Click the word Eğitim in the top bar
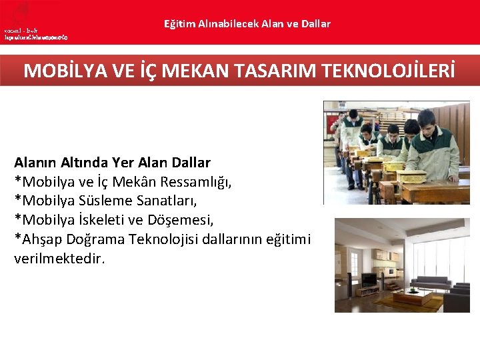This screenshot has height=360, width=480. (x=179, y=24)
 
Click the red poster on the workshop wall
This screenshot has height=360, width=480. (x=332, y=122)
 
